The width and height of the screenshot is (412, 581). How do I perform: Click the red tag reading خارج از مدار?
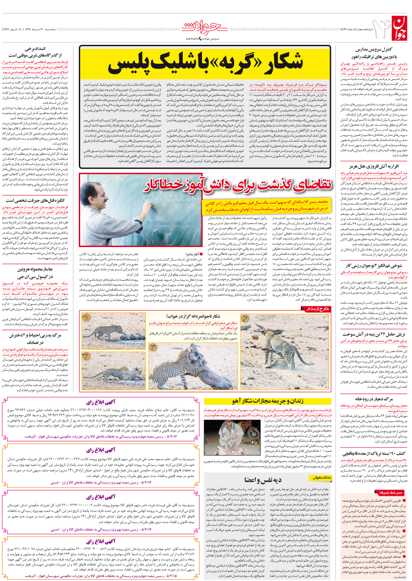point(317,309)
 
